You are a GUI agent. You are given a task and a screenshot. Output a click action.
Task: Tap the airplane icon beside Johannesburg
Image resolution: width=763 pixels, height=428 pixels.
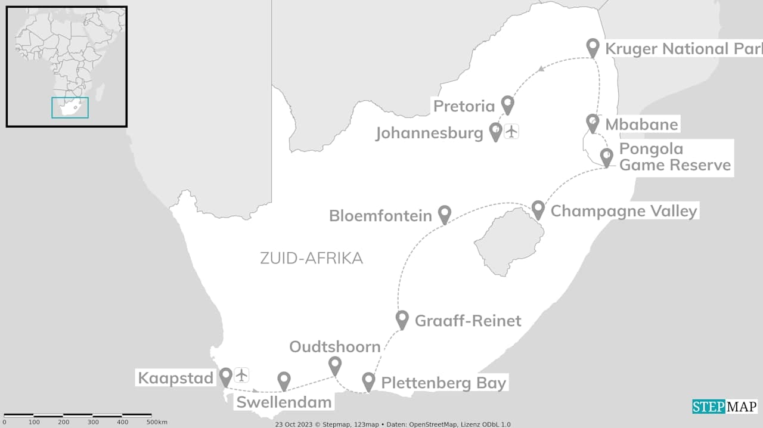511,131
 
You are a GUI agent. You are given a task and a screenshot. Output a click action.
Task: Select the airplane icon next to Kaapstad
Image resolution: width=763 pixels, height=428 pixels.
241,375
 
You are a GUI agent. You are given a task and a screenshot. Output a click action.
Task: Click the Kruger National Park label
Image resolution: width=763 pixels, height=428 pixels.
683,48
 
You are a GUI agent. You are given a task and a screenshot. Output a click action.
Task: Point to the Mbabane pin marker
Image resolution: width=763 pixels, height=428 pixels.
592,122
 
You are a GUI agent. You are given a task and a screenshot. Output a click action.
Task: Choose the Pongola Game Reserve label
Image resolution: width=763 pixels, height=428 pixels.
675,157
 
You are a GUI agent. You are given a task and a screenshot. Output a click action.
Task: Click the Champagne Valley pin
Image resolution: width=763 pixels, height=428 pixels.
538,209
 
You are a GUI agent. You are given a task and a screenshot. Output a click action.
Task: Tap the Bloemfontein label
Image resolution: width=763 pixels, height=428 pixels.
381,215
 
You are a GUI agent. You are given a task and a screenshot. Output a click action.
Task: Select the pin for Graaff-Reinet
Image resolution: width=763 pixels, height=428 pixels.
402,319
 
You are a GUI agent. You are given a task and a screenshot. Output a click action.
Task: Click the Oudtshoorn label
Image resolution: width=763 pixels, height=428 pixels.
335,347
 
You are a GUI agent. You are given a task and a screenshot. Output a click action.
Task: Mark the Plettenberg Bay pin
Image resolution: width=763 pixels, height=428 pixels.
368,380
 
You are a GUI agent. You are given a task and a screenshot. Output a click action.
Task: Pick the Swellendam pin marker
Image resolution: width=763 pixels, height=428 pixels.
284,380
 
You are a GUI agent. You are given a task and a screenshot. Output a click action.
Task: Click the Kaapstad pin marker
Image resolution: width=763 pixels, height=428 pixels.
226,376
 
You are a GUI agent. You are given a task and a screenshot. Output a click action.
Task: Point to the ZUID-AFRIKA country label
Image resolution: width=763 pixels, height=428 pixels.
311,258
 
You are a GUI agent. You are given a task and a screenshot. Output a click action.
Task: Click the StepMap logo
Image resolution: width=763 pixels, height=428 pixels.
724,407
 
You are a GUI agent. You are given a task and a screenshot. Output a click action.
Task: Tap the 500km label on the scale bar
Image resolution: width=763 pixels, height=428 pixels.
157,422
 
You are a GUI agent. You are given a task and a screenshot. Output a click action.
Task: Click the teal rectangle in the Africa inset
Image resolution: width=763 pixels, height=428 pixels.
70,107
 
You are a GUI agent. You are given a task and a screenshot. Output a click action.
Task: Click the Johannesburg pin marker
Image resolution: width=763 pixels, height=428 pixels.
495,131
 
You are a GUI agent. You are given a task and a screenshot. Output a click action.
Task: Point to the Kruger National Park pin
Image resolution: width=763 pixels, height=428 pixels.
593,46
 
